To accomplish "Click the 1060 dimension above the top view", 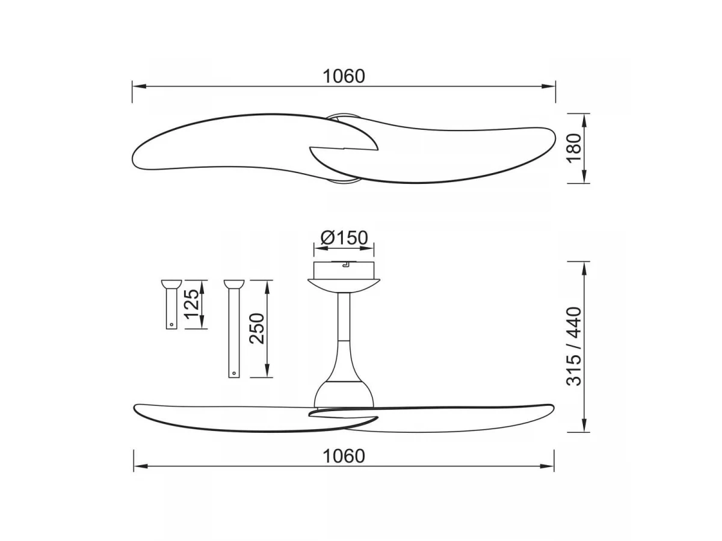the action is tap(344, 76).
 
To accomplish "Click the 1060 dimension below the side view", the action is tap(344, 456).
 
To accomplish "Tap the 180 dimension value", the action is tap(575, 148).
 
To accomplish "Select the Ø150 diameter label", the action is tap(344, 237).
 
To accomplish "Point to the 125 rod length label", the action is tap(192, 304).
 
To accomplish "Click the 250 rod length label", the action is tap(257, 329).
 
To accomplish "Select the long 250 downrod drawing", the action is tap(234, 329).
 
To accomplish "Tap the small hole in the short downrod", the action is tap(171, 325).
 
